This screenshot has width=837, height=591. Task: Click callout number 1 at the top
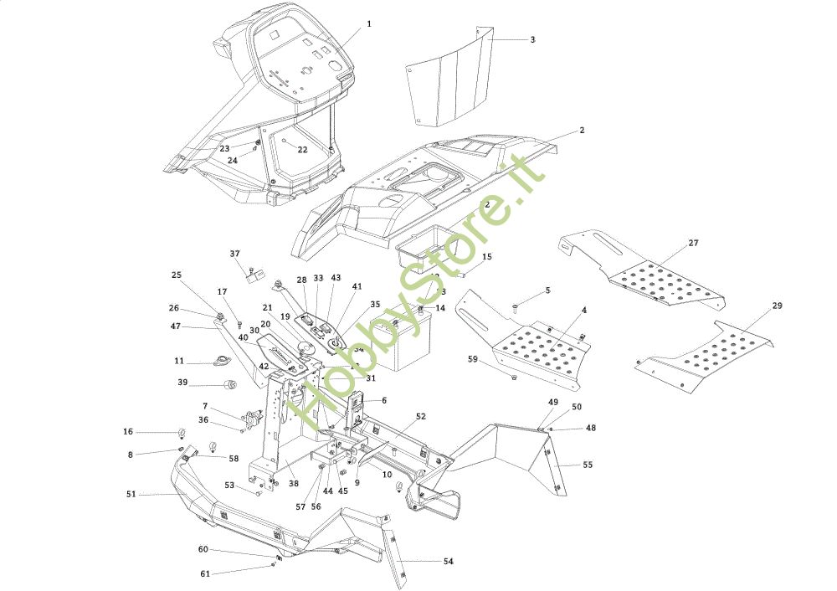(368, 24)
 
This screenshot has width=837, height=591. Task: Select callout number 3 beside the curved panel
(532, 39)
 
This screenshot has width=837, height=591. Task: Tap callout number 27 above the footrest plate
(693, 243)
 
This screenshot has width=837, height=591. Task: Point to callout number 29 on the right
(778, 306)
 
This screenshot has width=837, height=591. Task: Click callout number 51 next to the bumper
(131, 494)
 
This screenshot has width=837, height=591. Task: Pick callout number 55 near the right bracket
(588, 464)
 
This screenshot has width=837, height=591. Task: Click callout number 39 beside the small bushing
(182, 383)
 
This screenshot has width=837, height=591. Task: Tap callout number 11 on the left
(179, 361)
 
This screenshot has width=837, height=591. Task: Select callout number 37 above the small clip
(234, 254)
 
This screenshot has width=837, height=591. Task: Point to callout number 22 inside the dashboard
(302, 150)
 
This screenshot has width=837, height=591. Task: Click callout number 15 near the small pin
(487, 257)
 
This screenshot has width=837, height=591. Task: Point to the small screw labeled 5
(516, 309)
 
